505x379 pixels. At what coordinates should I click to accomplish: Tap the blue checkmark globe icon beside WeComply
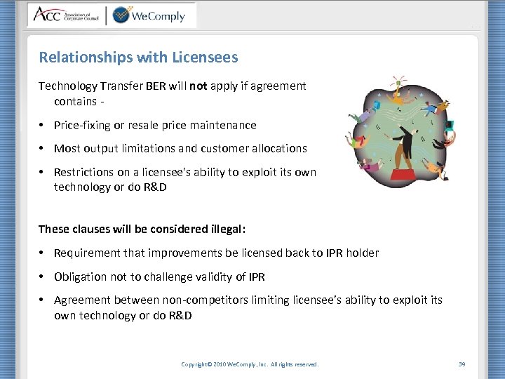[x=121, y=14]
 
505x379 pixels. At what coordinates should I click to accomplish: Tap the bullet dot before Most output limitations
[x=43, y=149]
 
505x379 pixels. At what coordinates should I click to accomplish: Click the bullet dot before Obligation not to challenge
[x=43, y=277]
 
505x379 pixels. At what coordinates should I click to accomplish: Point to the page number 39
[x=462, y=364]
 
